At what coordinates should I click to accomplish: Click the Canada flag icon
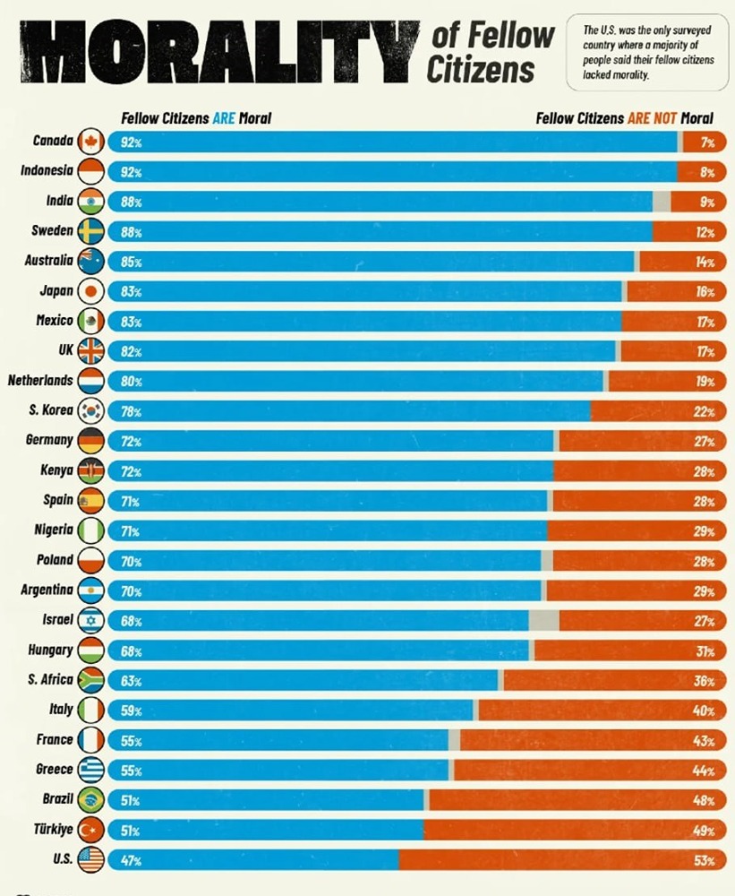[91, 142]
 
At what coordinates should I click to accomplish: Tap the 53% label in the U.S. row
[704, 861]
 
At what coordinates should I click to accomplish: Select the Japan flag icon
[91, 291]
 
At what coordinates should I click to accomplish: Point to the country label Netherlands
[40, 381]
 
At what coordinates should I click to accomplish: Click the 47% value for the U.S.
[131, 861]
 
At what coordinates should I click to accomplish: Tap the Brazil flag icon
[91, 800]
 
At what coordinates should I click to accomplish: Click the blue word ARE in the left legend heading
[223, 118]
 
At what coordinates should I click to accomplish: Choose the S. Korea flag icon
[91, 411]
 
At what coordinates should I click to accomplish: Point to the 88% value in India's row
[131, 202]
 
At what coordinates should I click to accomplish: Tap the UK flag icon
[91, 351]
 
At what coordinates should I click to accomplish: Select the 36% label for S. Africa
[704, 681]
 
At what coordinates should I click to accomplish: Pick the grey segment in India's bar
[662, 202]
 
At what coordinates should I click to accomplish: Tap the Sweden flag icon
[91, 231]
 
